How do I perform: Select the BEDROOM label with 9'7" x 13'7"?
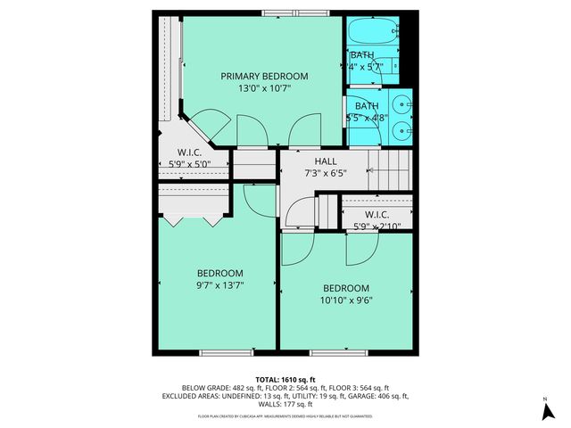[219, 278]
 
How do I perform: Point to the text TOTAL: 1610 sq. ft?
[285, 379]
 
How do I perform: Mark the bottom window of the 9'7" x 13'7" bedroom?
[219, 353]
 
